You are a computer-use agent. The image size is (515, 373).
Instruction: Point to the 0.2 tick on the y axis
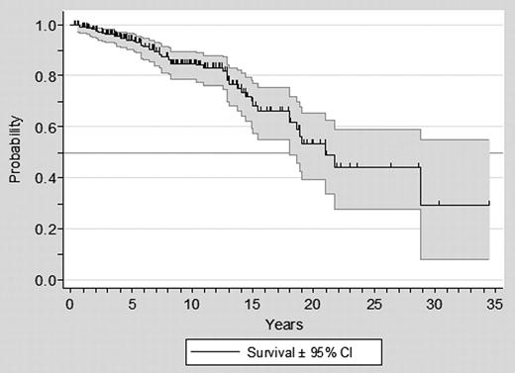tap(46, 229)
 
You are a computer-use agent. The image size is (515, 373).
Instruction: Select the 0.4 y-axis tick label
tap(46, 178)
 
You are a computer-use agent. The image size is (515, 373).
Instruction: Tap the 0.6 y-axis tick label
tap(46, 127)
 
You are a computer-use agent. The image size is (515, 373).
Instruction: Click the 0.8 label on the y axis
tap(46, 75)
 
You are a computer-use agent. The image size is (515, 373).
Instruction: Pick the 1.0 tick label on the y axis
tap(46, 24)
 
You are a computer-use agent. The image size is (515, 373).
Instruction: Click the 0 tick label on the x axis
tap(69, 301)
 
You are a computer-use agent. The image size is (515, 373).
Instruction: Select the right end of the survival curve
tap(489, 205)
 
